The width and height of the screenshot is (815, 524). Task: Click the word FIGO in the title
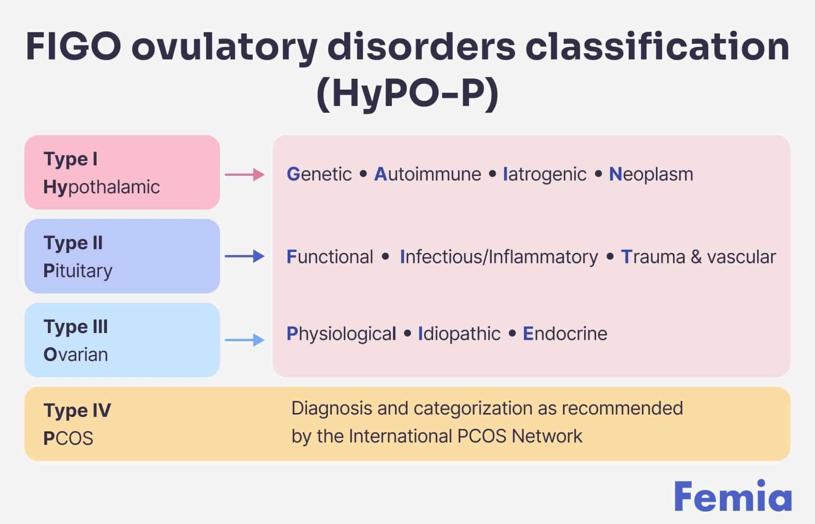[73, 47]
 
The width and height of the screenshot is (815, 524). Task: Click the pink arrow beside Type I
[245, 175]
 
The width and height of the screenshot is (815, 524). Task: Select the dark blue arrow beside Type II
[245, 256]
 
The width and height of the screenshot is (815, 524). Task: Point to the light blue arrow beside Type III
[245, 340]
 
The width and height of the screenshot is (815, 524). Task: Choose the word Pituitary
[78, 271]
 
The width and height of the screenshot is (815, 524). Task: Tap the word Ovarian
[76, 355]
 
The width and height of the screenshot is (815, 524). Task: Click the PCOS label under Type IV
[68, 438]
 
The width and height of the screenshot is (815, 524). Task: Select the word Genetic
[319, 174]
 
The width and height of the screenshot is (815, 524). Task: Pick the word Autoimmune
[428, 174]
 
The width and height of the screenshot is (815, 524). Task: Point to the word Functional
[330, 257]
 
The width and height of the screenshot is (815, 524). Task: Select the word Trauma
[653, 257]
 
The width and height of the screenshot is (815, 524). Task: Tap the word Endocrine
[565, 334]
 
